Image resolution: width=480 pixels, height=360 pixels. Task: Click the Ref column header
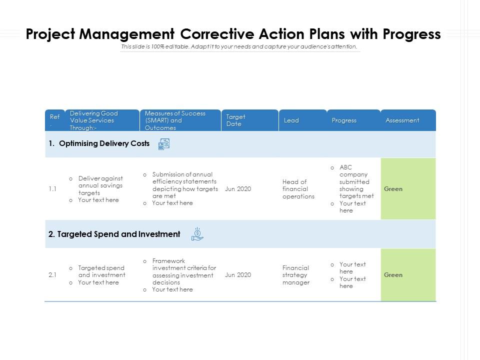[55, 117]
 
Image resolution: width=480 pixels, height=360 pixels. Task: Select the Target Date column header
[235, 120]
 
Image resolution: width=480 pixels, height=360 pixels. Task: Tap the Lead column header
[291, 120]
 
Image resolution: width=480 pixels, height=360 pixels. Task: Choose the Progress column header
[344, 120]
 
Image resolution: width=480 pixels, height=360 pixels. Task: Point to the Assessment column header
[402, 120]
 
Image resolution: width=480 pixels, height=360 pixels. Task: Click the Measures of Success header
[175, 120]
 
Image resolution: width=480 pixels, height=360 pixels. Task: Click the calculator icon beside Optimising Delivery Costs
[164, 144]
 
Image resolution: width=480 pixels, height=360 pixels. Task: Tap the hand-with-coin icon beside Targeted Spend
[197, 234]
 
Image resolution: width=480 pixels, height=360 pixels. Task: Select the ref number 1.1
[52, 189]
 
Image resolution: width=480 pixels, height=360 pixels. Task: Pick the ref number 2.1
[52, 275]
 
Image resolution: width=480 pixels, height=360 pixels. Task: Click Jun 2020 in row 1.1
[238, 189]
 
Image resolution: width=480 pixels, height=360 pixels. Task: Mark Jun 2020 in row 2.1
[238, 275]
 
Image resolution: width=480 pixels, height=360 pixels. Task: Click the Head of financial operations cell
[298, 189]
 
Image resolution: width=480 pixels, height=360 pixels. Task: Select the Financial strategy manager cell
[296, 275]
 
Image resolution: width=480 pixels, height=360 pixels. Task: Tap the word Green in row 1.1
[393, 189]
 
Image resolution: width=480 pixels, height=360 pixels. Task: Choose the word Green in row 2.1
[393, 275]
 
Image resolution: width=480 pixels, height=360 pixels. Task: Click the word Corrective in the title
[217, 34]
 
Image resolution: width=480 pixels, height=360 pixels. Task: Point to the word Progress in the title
[411, 34]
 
